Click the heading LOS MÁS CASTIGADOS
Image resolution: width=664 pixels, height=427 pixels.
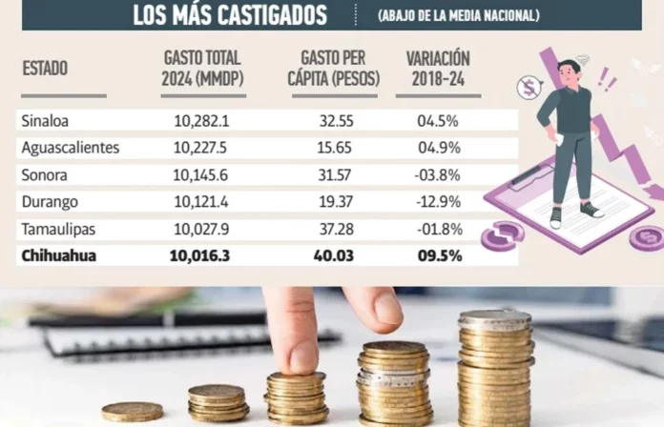[229, 15]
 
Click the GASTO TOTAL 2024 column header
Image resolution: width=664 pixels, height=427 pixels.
[202, 70]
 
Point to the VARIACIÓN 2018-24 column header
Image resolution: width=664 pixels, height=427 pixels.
[437, 70]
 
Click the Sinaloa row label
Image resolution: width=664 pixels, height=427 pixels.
[45, 121]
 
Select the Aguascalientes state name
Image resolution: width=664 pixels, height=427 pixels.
[70, 148]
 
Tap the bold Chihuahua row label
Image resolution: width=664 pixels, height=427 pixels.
[55, 255]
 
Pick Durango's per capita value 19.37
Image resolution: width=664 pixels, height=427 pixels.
[333, 201]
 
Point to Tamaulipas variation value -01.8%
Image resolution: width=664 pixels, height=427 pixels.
[439, 228]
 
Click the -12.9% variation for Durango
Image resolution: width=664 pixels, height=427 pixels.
[439, 201]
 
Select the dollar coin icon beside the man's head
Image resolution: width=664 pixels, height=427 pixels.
[529, 89]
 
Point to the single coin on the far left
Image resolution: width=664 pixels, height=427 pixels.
[132, 411]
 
